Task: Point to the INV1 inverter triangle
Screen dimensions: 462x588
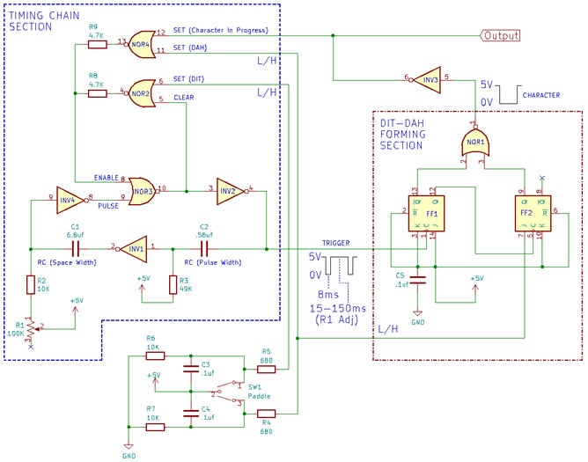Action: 134,247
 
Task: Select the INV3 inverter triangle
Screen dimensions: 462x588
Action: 427,77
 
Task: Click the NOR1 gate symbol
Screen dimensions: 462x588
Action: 476,141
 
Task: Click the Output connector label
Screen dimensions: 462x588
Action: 499,35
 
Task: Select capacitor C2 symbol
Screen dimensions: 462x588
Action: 204,247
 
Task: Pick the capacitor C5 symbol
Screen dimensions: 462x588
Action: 419,281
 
